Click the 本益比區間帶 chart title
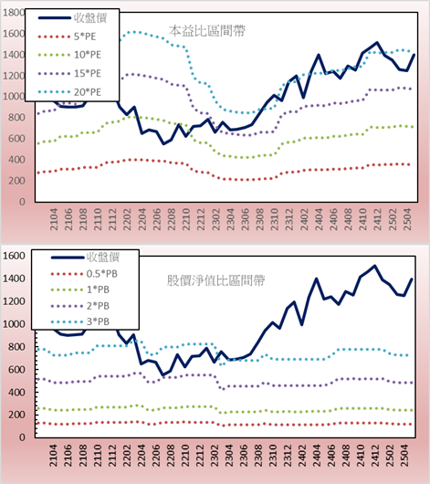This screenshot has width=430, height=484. [x=207, y=31]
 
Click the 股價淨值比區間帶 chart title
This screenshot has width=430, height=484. [x=215, y=280]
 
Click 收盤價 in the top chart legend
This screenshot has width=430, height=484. [x=90, y=18]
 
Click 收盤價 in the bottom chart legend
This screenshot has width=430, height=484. [x=103, y=257]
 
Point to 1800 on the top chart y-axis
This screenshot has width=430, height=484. [x=14, y=13]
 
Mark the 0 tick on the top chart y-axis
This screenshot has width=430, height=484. [x=22, y=202]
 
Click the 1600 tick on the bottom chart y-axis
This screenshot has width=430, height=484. [x=14, y=256]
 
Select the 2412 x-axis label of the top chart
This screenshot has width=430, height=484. [x=378, y=219]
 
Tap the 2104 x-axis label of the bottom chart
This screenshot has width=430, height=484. [x=53, y=456]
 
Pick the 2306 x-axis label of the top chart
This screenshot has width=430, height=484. [x=245, y=219]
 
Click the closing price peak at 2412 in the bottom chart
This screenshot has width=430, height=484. [x=374, y=266]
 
